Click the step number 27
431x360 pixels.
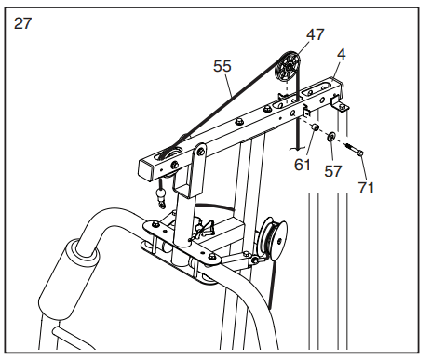22,23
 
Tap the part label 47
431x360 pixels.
316,34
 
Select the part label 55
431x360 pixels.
222,66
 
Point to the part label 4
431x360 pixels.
341,54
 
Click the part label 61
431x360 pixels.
302,165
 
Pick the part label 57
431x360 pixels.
333,171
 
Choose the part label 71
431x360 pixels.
366,188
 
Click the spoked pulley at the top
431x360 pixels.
288,68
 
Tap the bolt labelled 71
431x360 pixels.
355,149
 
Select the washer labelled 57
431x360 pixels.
331,137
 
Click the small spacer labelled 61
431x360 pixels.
315,127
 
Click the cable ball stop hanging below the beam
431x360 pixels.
161,195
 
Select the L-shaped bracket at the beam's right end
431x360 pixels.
339,104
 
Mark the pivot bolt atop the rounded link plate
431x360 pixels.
201,152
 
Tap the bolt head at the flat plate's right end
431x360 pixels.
212,257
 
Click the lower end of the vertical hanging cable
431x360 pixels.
298,150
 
